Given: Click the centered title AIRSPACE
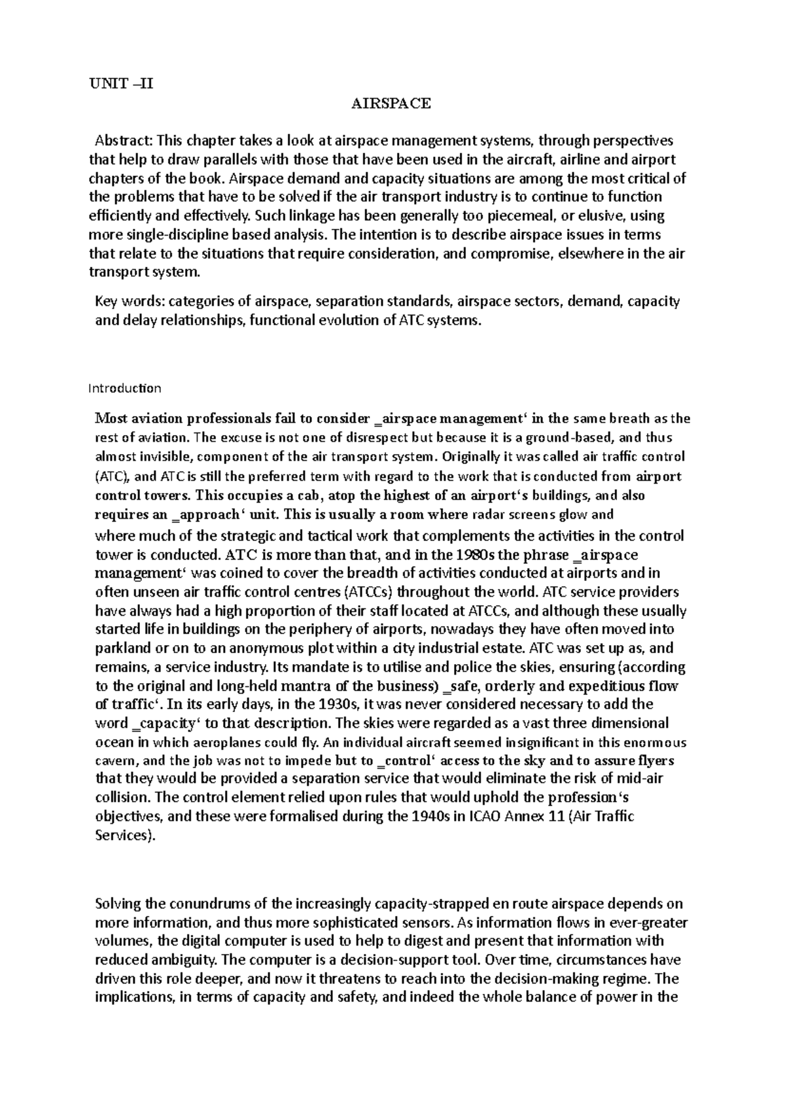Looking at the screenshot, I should point(391,103).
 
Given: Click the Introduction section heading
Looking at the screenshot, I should point(124,388).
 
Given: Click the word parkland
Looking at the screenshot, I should point(121,648).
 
